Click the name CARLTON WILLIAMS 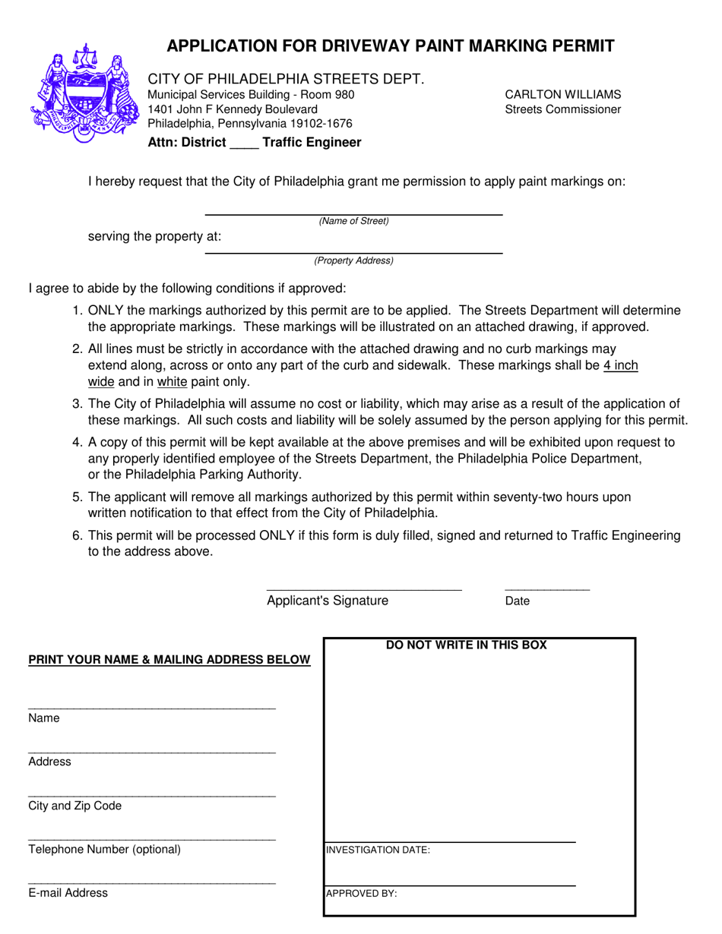pos(562,95)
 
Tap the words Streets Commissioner pos(562,109)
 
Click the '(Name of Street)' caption pos(353,222)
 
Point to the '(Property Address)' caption pos(353,260)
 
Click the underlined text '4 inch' pos(620,366)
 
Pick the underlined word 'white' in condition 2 pos(172,382)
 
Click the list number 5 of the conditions pos(77,497)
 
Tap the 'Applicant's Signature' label pos(328,601)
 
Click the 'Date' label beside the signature pos(518,601)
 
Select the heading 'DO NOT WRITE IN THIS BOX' pos(467,645)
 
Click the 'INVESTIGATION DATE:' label pos(378,850)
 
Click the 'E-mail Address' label pos(68,894)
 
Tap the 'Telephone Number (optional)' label pos(104,850)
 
